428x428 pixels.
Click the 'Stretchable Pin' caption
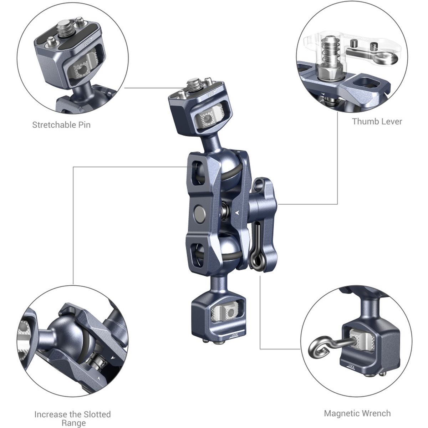61,125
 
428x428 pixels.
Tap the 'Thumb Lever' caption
377,122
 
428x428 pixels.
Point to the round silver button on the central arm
199,213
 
